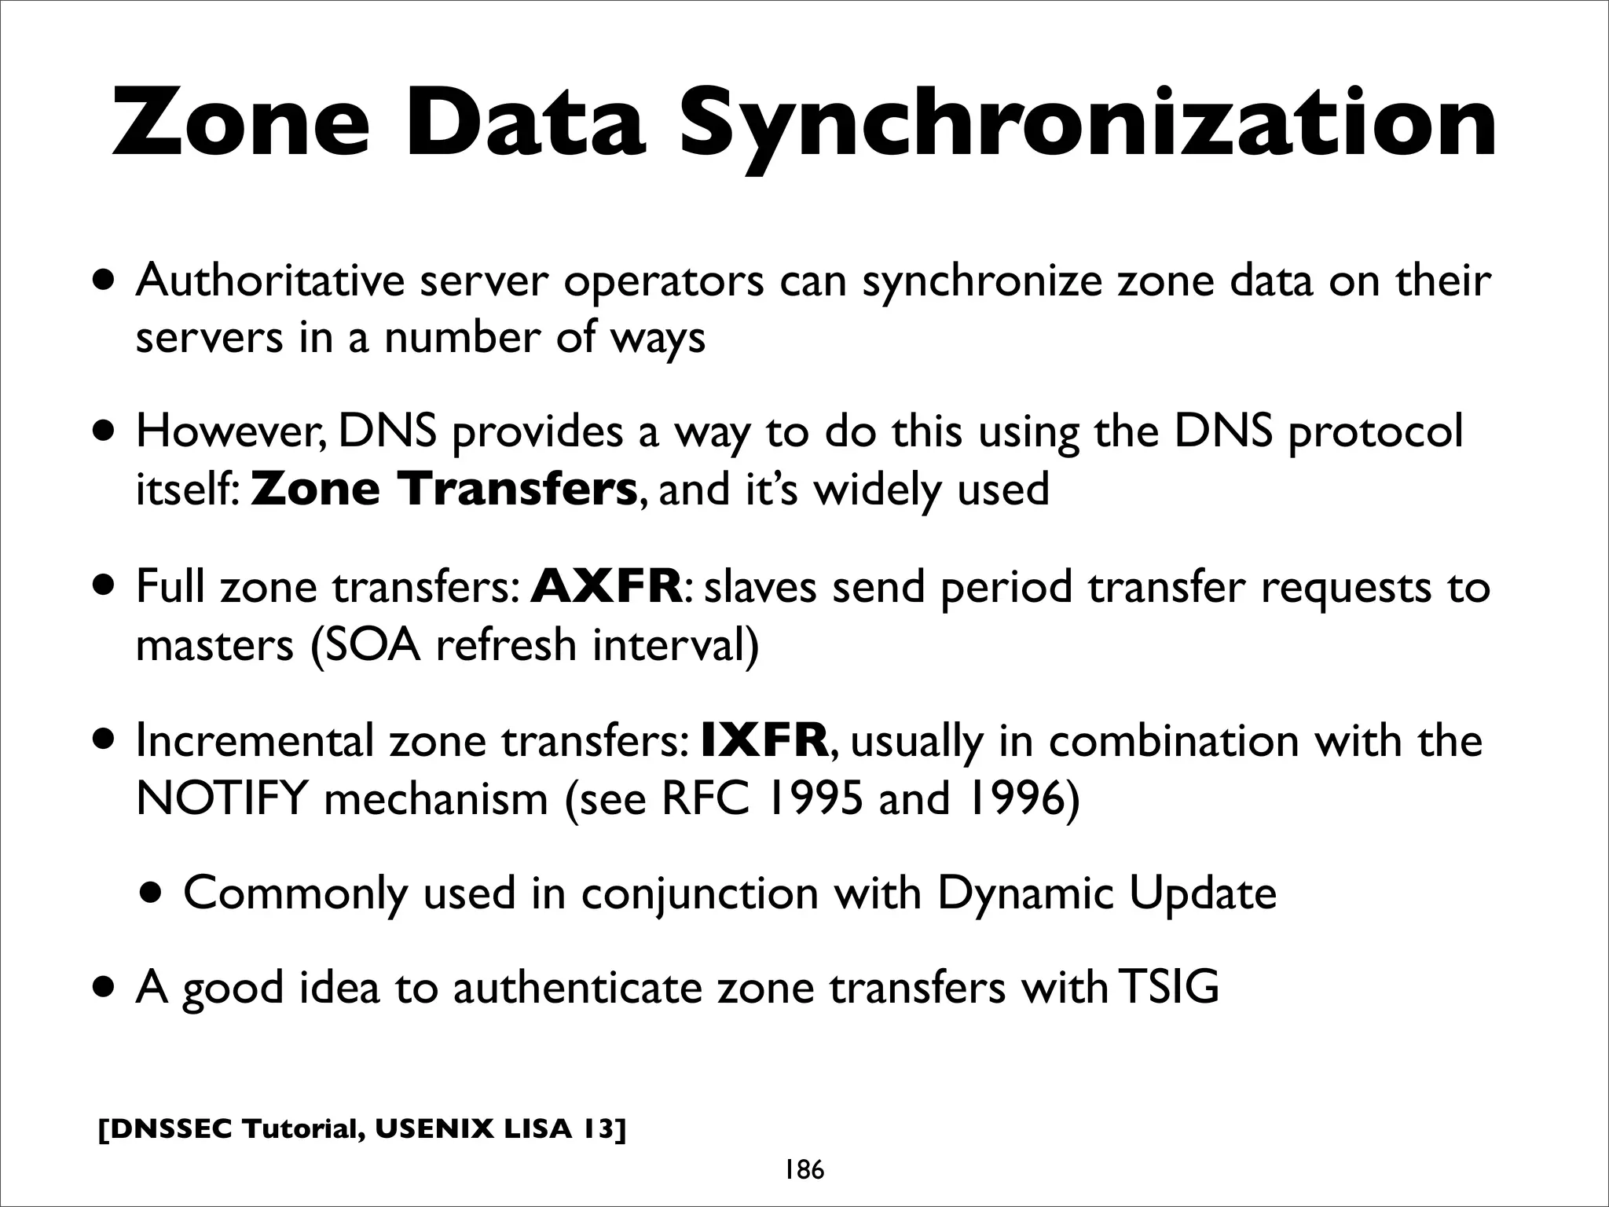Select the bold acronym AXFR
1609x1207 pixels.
pos(607,586)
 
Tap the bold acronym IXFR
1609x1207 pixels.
pos(764,740)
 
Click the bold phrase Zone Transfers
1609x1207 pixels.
pos(443,489)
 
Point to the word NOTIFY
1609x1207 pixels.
pos(221,799)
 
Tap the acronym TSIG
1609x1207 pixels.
pos(1168,987)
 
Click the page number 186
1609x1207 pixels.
pos(804,1171)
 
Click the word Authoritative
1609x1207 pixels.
pos(269,281)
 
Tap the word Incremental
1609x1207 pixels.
pos(255,740)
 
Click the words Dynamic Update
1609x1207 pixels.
pos(1106,893)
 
